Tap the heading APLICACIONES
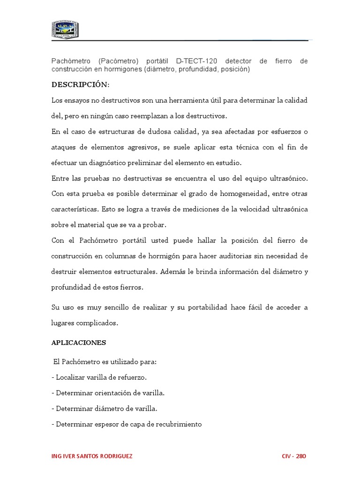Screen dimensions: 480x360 pos(79,343)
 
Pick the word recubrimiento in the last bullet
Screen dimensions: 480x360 pos(178,424)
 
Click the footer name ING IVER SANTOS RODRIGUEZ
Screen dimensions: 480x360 pos(91,457)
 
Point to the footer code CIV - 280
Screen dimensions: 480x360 pos(294,457)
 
